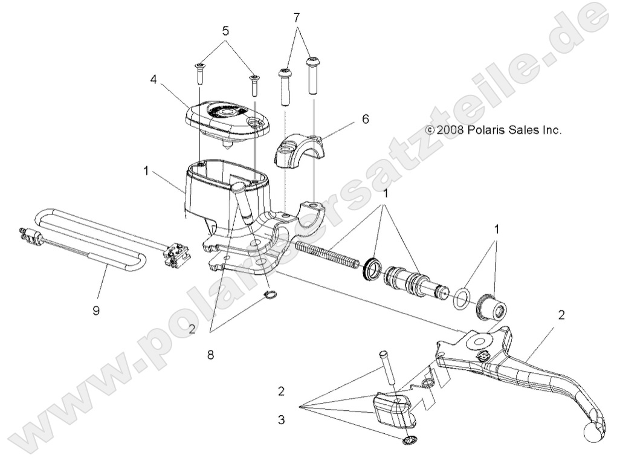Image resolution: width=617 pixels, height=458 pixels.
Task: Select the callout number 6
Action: (364, 120)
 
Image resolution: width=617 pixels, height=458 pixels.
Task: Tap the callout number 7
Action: (297, 18)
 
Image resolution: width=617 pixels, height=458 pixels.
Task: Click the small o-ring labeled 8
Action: (271, 295)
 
